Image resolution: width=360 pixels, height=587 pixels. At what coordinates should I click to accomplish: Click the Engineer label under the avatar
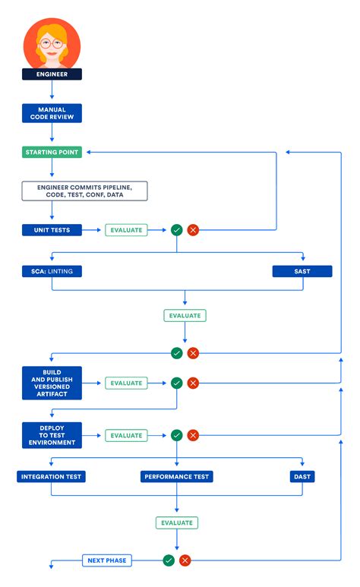pos(52,74)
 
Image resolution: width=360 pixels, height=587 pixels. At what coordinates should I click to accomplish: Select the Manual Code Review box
pos(52,113)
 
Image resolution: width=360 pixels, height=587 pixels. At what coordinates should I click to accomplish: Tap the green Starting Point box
pos(52,152)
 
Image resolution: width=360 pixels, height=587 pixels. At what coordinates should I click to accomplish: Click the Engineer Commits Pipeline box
pos(84,191)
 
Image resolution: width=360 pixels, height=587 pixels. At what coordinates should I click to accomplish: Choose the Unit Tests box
pos(52,229)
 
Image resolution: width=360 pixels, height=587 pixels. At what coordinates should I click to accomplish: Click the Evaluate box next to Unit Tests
pos(126,229)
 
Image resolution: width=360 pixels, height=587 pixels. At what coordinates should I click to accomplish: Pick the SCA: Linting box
pos(52,271)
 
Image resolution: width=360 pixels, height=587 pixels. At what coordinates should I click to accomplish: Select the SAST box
pos(302,271)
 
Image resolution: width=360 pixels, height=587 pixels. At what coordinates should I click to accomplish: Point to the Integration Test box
pos(52,477)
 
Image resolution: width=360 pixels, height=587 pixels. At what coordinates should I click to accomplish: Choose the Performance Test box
pos(177,477)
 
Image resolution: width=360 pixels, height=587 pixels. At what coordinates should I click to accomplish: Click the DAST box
pos(302,477)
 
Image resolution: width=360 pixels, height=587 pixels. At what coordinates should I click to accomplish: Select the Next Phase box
pos(106,560)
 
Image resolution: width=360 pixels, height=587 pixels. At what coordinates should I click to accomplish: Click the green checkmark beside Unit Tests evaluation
pos(177,229)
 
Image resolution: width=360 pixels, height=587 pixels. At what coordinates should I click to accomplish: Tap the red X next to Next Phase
pos(185,560)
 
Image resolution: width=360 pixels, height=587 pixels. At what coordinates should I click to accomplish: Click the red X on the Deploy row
pos(193,436)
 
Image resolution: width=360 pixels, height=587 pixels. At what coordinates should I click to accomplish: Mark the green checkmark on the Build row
pos(177,383)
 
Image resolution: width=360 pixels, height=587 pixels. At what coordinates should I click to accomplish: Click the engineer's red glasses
pos(52,43)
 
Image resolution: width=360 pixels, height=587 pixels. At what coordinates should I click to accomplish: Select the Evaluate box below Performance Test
pos(177,522)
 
